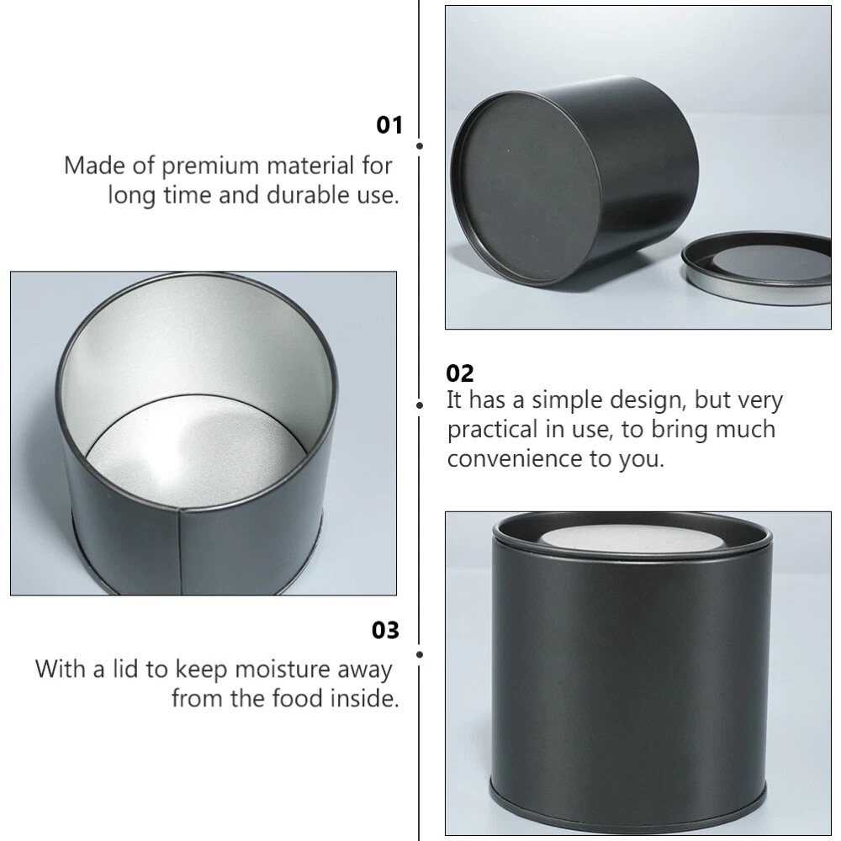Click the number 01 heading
point(389,125)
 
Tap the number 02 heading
point(460,373)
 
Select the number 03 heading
point(385,630)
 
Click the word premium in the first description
point(210,167)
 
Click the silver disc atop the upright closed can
point(632,538)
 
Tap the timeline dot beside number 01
point(420,145)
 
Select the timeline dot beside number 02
point(420,405)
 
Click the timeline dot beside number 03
point(420,654)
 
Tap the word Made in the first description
point(95,166)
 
